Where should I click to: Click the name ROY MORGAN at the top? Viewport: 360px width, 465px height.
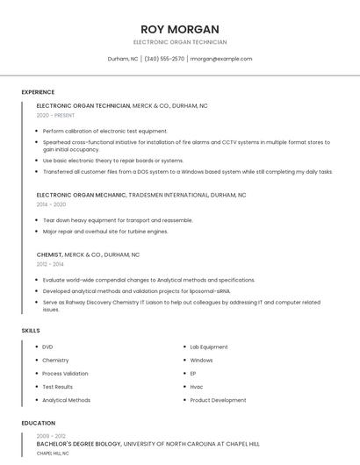click(x=179, y=29)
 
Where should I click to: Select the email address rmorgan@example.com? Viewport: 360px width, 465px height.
click(x=221, y=59)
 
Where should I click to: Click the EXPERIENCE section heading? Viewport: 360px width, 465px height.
click(x=38, y=92)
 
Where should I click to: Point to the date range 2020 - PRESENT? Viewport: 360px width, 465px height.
click(x=55, y=115)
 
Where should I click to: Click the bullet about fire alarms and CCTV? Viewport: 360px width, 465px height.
click(x=186, y=146)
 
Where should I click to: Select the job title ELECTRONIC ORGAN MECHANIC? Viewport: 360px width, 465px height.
click(x=82, y=195)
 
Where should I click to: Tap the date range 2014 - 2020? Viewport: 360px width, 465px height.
click(x=51, y=204)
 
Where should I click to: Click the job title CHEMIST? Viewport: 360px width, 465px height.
click(x=49, y=254)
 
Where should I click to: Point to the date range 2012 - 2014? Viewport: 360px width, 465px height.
click(x=50, y=264)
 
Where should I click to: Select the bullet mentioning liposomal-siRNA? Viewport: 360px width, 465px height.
click(x=136, y=290)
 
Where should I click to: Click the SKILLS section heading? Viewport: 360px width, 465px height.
click(x=31, y=331)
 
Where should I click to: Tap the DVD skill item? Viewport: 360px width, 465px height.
click(x=47, y=347)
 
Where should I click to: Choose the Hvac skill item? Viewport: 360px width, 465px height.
click(x=197, y=387)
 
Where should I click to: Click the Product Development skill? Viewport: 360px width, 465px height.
click(x=218, y=400)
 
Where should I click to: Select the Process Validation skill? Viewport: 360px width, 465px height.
click(x=65, y=374)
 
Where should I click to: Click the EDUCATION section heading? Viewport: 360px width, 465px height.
click(x=38, y=423)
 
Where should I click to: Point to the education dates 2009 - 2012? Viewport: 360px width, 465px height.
click(x=51, y=436)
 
